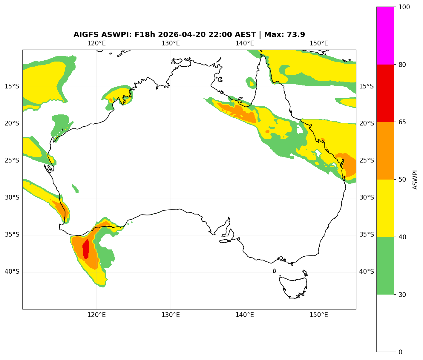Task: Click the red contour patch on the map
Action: pyautogui.click(x=86, y=249)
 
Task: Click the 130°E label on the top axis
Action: pyautogui.click(x=171, y=43)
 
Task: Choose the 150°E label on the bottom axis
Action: pyautogui.click(x=319, y=315)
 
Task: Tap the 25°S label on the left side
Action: pyautogui.click(x=12, y=161)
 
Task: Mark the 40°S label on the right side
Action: pyautogui.click(x=367, y=272)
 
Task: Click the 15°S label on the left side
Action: pyautogui.click(x=12, y=87)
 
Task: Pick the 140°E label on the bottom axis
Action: pyautogui.click(x=245, y=315)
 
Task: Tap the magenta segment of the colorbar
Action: pyautogui.click(x=385, y=36)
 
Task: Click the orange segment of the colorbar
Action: pyautogui.click(x=385, y=151)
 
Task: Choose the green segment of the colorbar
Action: pyautogui.click(x=385, y=266)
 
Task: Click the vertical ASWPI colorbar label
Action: pyautogui.click(x=415, y=180)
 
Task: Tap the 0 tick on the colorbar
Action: pyautogui.click(x=400, y=352)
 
